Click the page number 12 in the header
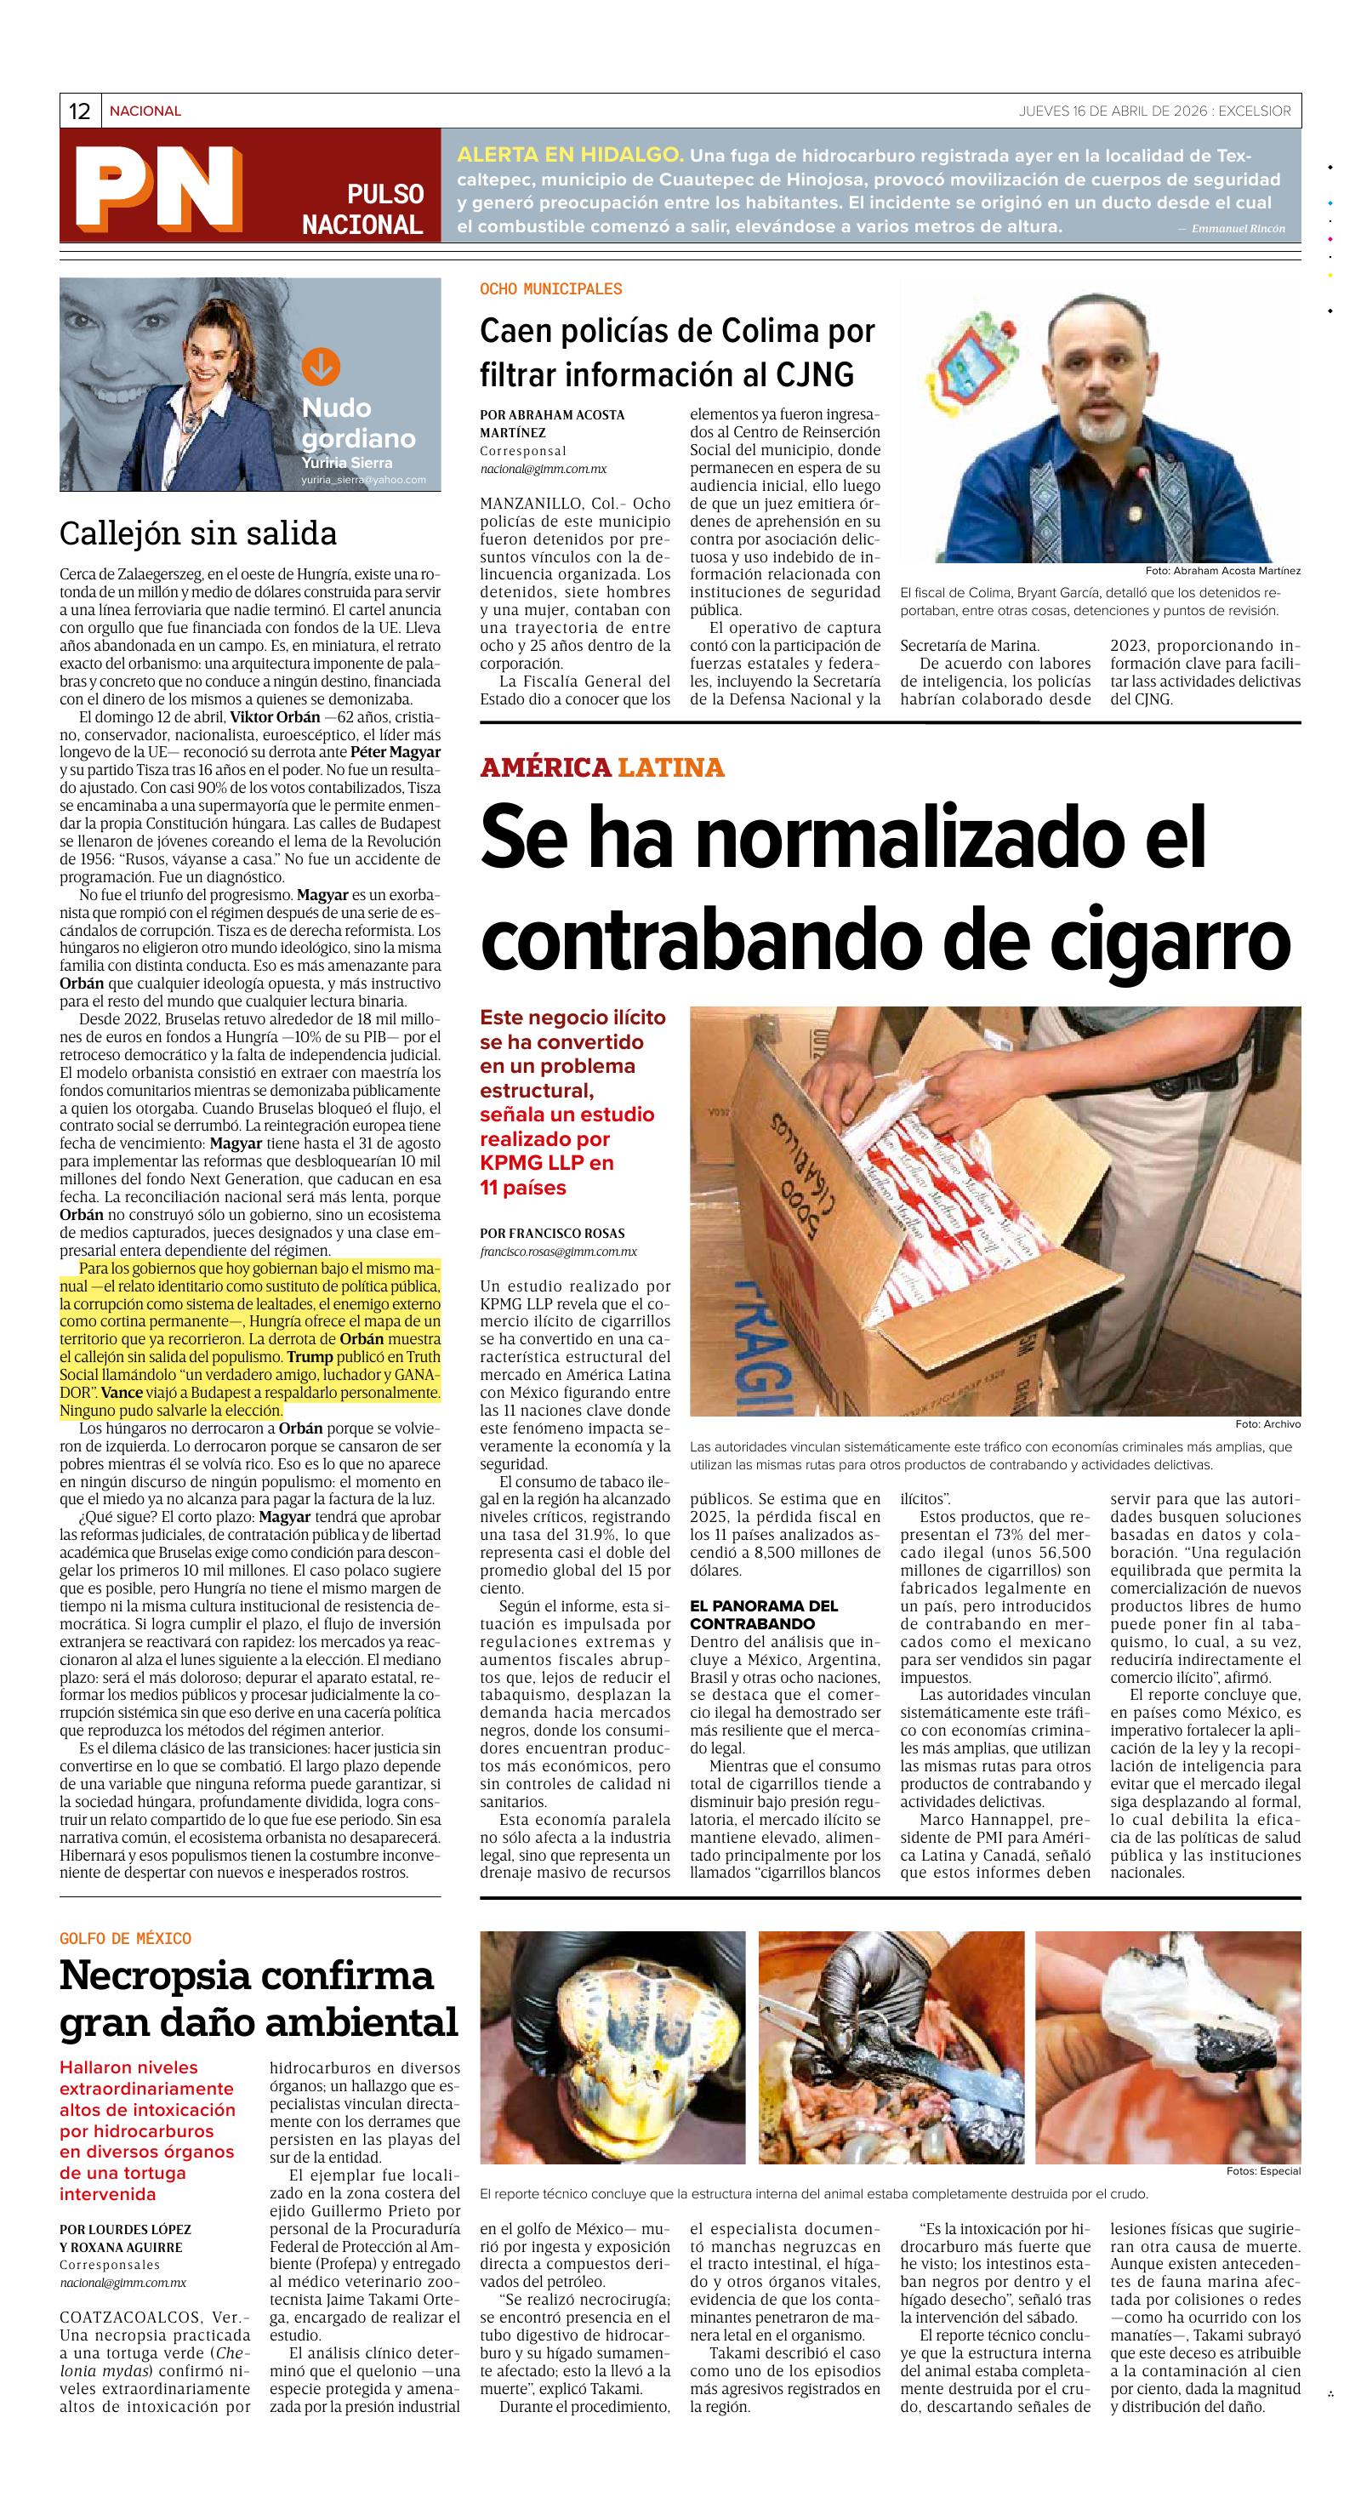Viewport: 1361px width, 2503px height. tap(79, 111)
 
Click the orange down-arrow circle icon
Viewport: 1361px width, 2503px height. tap(321, 367)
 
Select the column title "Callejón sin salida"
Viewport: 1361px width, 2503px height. tap(198, 533)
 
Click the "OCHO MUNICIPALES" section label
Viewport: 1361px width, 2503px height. tap(551, 288)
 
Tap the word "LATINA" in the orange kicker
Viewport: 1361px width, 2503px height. tap(671, 767)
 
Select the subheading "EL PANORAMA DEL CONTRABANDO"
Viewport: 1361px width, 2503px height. tap(764, 1615)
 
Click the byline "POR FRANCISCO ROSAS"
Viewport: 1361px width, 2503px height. tap(551, 1233)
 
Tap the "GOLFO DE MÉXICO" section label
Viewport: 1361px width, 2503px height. tap(125, 1938)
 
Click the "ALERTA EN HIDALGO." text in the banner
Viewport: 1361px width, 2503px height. tap(570, 156)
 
